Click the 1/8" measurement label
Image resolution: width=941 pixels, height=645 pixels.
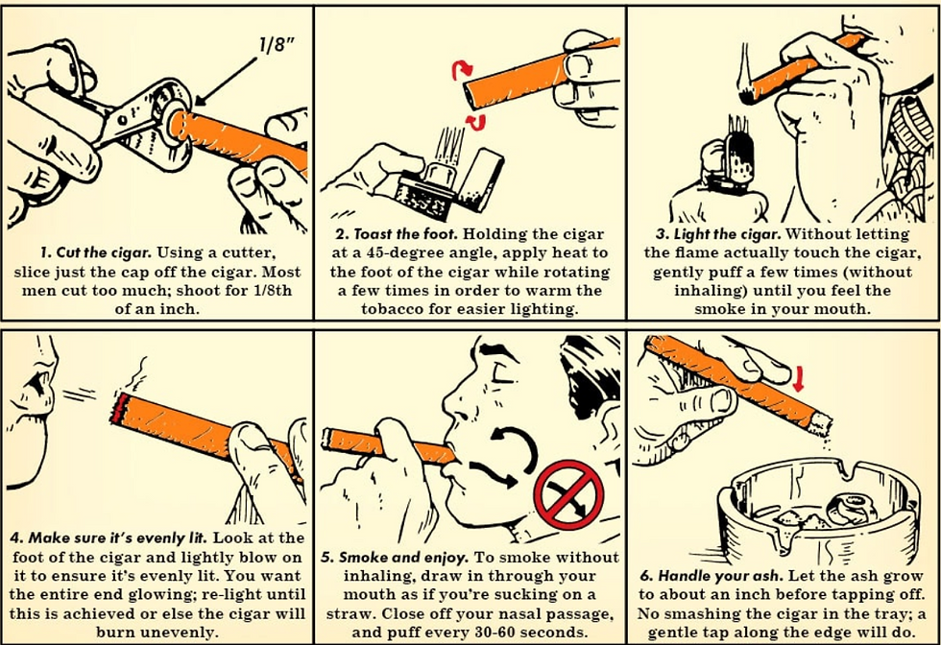[276, 44]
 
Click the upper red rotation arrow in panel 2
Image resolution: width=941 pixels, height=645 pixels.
[462, 70]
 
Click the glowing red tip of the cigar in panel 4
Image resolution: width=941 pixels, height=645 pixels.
[118, 408]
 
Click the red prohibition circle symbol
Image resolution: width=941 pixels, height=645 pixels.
[568, 495]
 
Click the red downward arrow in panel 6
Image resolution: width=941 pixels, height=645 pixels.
[798, 380]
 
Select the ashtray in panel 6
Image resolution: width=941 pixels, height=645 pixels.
[819, 510]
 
